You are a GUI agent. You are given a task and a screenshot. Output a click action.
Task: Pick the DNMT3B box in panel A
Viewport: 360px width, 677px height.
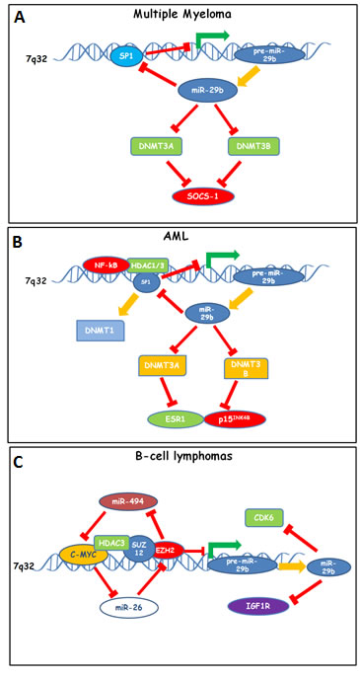tap(254, 146)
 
